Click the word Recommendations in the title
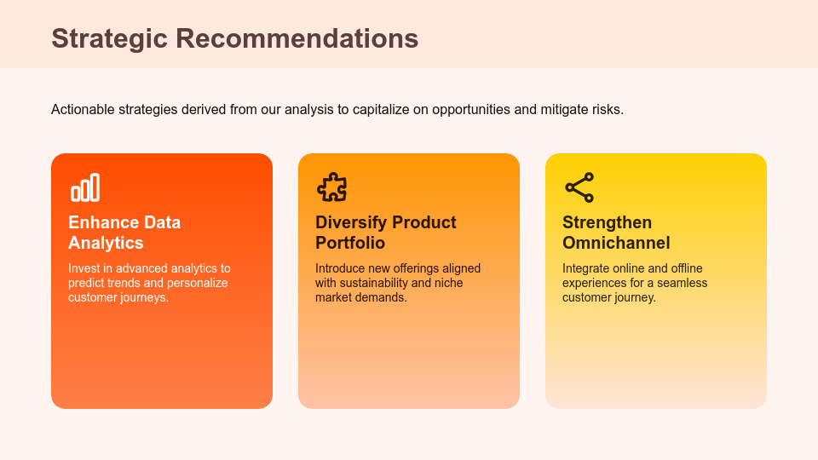[297, 38]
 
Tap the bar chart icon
[85, 187]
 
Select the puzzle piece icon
[331, 187]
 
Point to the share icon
[579, 187]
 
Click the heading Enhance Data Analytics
[124, 233]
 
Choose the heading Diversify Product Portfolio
[385, 233]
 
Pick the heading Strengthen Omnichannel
[616, 233]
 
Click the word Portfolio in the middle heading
[350, 243]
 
